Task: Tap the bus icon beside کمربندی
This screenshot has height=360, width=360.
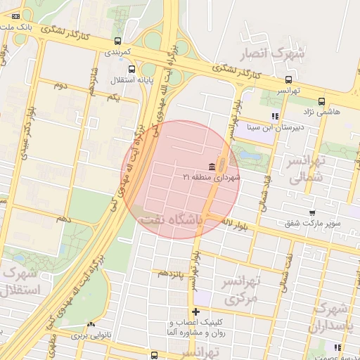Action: (117, 40)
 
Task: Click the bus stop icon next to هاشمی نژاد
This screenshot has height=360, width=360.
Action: (322, 101)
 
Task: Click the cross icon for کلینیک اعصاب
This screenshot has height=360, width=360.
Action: (195, 311)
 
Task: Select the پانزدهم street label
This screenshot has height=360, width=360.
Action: (169, 272)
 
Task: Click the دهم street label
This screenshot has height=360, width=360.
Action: (65, 219)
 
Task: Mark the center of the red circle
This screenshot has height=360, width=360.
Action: (183, 179)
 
